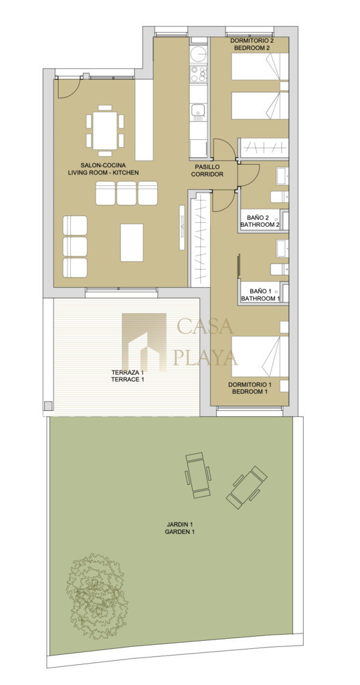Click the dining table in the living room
105,130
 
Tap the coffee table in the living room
132,242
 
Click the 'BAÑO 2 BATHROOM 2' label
260,221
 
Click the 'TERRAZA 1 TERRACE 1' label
128,376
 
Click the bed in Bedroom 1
260,356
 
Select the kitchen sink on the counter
198,110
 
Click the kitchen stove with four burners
198,75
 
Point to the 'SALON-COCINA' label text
103,165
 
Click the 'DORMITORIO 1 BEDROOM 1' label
250,388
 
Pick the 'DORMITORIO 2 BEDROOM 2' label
252,45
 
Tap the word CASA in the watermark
205,326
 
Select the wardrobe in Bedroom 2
262,148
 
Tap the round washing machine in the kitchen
198,55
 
